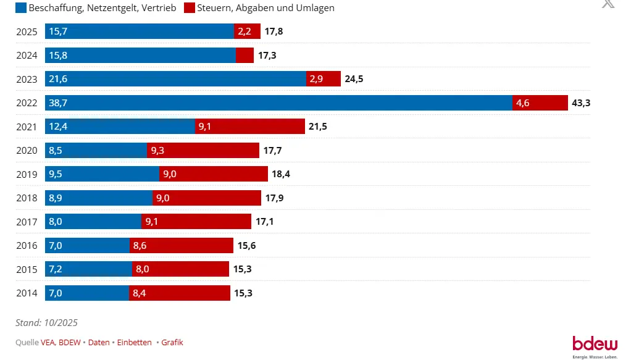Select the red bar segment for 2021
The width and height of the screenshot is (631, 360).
[250, 127]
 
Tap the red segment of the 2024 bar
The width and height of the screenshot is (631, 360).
[244, 56]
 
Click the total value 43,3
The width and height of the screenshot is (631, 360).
[582, 103]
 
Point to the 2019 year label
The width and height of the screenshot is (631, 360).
[27, 174]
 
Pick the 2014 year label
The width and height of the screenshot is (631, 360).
[27, 293]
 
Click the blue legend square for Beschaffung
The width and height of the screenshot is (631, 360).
[21, 8]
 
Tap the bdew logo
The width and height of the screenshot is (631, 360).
[594, 345]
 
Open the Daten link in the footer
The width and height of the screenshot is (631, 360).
[99, 343]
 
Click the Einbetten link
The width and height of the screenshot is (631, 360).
[134, 343]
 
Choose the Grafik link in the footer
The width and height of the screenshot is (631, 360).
[172, 343]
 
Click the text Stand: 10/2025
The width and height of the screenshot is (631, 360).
[46, 322]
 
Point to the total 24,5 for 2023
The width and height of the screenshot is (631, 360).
[354, 79]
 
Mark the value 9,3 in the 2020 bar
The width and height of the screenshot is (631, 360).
[157, 151]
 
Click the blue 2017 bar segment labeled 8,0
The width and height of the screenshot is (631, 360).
[93, 222]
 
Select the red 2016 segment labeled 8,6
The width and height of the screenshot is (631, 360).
[181, 246]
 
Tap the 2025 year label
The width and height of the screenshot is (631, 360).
[27, 31]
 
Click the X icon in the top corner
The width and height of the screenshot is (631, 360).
[608, 4]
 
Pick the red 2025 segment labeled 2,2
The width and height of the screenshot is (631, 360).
[244, 31]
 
